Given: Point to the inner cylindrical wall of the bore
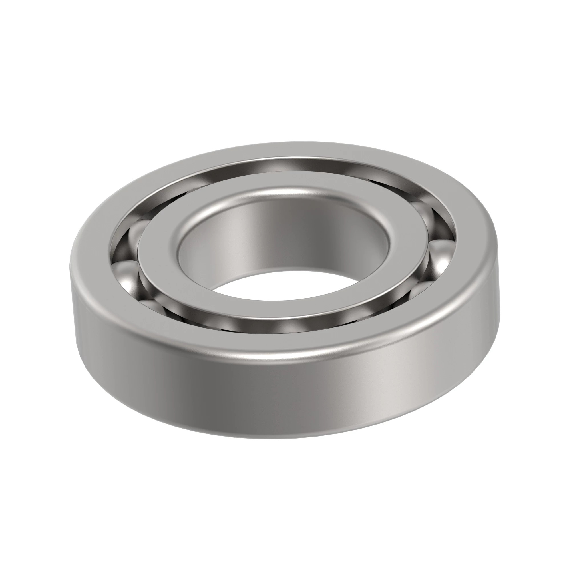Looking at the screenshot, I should [x=284, y=236].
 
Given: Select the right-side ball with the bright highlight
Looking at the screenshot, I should [x=440, y=260].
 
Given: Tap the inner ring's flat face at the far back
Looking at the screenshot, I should [x=284, y=185].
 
